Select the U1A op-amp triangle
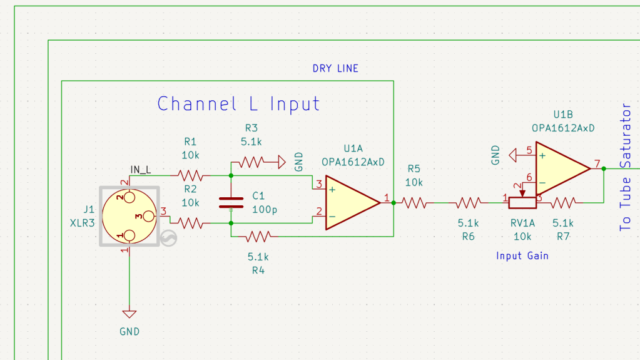coord(350,202)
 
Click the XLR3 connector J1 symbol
coord(130,217)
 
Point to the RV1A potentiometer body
coord(522,202)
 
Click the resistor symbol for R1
coord(190,175)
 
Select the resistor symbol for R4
coord(258,236)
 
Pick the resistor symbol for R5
coord(414,202)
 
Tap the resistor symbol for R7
coord(563,202)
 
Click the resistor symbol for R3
coord(252,163)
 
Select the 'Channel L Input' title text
coord(238,103)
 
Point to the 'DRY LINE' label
coord(335,68)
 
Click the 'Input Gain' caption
coord(522,255)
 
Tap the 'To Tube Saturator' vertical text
coord(625,167)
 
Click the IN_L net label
coord(140,169)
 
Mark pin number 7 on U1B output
coord(597,164)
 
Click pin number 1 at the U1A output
coord(386,198)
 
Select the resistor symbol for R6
coord(468,202)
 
